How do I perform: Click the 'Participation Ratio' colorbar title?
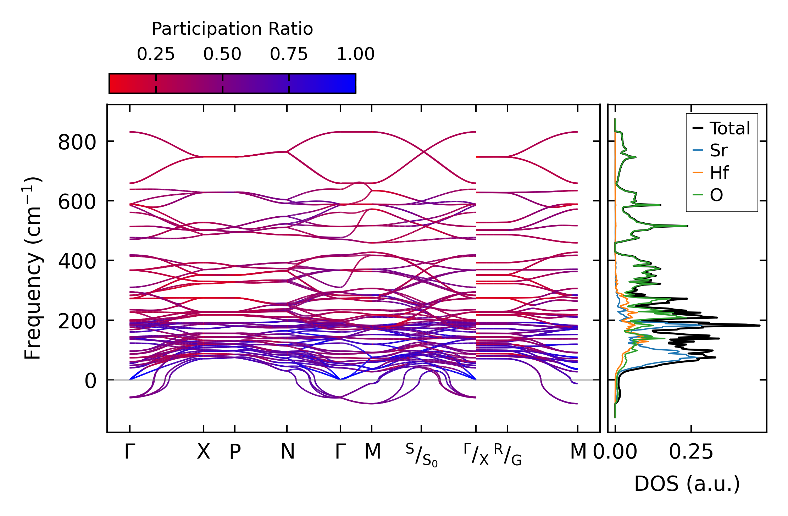click(x=232, y=29)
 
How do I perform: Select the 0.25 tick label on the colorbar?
click(x=156, y=54)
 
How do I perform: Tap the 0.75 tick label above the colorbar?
click(x=289, y=54)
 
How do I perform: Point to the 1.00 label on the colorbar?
click(x=355, y=54)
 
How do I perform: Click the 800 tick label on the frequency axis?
click(x=77, y=143)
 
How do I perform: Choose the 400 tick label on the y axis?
click(x=77, y=262)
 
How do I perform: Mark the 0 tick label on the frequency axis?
click(x=90, y=381)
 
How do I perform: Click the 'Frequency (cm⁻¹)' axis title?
click(x=33, y=268)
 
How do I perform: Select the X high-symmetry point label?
click(x=203, y=452)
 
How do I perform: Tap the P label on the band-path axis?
click(x=235, y=452)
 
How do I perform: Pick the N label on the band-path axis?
click(x=287, y=452)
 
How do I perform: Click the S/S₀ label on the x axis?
click(x=421, y=455)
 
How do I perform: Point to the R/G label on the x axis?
click(x=507, y=455)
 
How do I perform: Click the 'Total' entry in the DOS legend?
click(x=729, y=128)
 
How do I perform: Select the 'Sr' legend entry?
click(x=718, y=151)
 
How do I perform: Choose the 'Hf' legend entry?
click(x=719, y=173)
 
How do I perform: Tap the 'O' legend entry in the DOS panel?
click(x=716, y=195)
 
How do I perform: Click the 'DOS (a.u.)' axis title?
click(x=687, y=484)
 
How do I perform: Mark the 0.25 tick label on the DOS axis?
click(x=691, y=452)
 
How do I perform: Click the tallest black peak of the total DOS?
click(x=758, y=325)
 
